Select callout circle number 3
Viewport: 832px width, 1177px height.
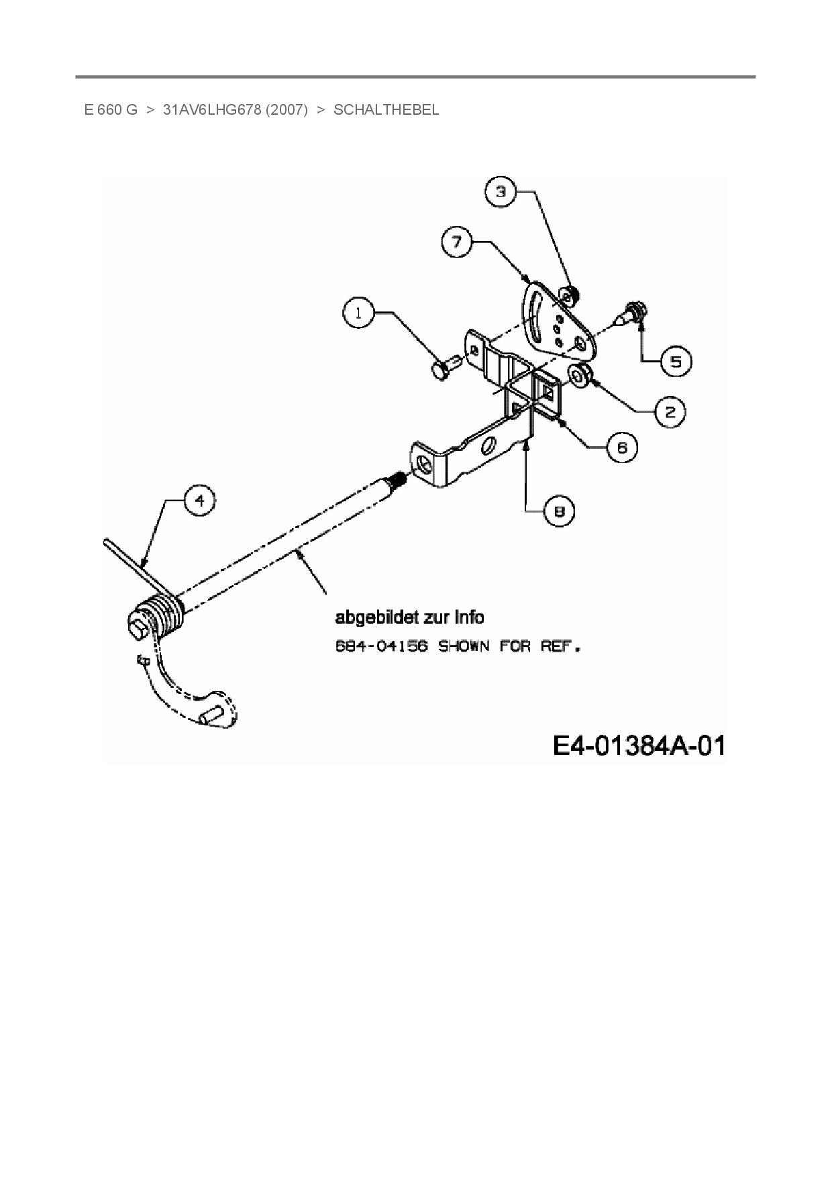501,192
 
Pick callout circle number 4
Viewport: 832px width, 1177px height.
199,501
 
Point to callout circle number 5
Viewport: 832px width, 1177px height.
676,362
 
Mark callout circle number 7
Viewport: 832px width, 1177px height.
458,241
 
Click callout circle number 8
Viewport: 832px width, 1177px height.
559,511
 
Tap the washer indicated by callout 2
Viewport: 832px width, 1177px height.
578,376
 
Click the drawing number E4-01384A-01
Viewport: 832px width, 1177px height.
639,746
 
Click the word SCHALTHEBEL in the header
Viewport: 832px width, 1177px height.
386,110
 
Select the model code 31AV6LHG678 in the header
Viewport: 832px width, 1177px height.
211,110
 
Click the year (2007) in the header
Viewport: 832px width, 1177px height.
287,110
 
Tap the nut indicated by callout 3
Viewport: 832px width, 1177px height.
570,293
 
